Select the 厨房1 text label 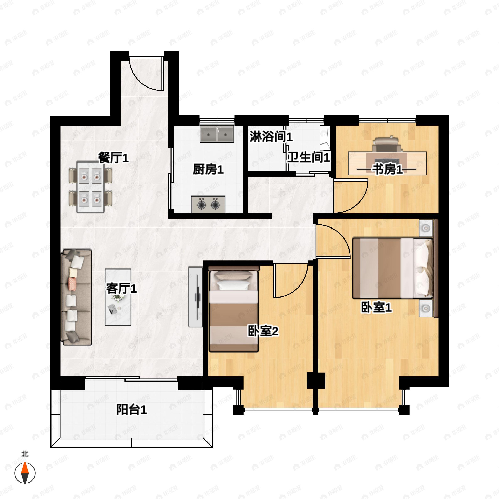click(x=208, y=170)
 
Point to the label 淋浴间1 click(x=271, y=137)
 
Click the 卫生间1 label click(x=309, y=157)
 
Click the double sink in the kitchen click(x=217, y=134)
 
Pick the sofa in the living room click(x=76, y=297)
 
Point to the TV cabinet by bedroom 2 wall click(x=195, y=297)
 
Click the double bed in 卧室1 click(x=392, y=268)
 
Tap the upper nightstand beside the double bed click(x=426, y=228)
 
